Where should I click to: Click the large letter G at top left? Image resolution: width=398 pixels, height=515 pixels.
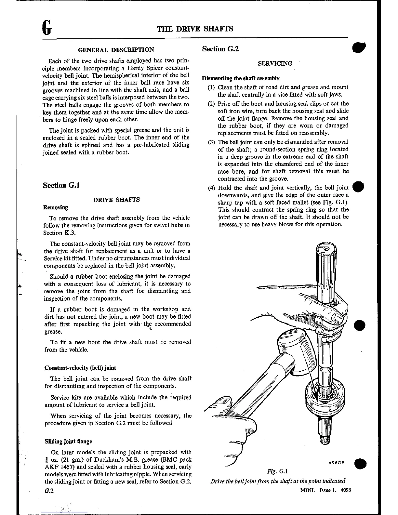click(47, 27)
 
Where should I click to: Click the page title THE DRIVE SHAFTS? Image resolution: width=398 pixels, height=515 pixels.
click(195, 29)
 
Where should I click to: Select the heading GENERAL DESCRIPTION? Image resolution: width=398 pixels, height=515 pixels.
click(116, 50)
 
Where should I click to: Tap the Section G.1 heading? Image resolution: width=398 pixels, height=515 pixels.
click(61, 185)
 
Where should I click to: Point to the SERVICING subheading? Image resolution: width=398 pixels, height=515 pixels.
click(275, 63)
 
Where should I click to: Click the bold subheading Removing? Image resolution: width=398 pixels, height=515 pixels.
click(56, 207)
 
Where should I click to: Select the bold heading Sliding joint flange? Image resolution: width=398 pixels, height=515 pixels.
click(68, 441)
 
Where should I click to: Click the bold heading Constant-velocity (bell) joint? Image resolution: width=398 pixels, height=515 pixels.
click(80, 368)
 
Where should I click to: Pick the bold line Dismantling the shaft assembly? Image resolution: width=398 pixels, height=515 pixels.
click(241, 78)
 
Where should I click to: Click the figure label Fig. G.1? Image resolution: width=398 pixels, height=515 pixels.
click(278, 471)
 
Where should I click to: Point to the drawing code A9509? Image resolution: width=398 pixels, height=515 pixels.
click(336, 462)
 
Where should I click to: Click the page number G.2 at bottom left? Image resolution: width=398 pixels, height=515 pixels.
click(49, 491)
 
